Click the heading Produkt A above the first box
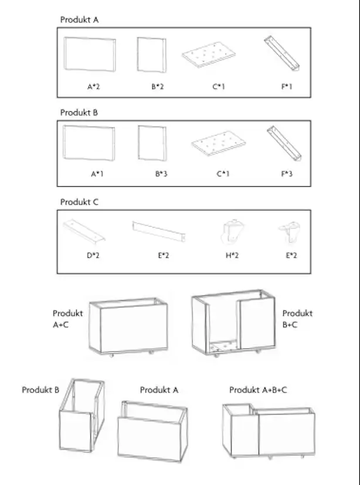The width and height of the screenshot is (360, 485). [79, 20]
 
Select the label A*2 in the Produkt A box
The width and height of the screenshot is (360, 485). [93, 87]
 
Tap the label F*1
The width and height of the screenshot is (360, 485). [287, 87]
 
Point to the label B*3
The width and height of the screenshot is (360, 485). [161, 174]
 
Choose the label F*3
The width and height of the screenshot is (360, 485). [287, 174]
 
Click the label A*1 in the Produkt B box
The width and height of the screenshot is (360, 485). [97, 174]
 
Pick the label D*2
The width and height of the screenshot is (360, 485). [93, 255]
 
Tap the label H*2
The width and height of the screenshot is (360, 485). [232, 255]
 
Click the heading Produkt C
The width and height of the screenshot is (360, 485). [79, 202]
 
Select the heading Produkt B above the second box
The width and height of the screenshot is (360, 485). [79, 112]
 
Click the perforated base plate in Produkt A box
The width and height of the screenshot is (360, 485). [208, 55]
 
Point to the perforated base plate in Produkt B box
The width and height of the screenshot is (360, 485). [219, 144]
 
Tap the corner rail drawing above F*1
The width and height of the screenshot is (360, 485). [282, 53]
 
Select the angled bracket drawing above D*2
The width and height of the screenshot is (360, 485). [84, 230]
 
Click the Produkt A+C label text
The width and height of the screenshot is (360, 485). [68, 319]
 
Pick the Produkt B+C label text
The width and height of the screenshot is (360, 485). [297, 319]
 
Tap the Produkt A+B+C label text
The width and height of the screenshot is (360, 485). [258, 390]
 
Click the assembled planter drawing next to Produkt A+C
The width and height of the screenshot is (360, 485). [128, 327]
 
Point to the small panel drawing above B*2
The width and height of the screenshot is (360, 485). [152, 55]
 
